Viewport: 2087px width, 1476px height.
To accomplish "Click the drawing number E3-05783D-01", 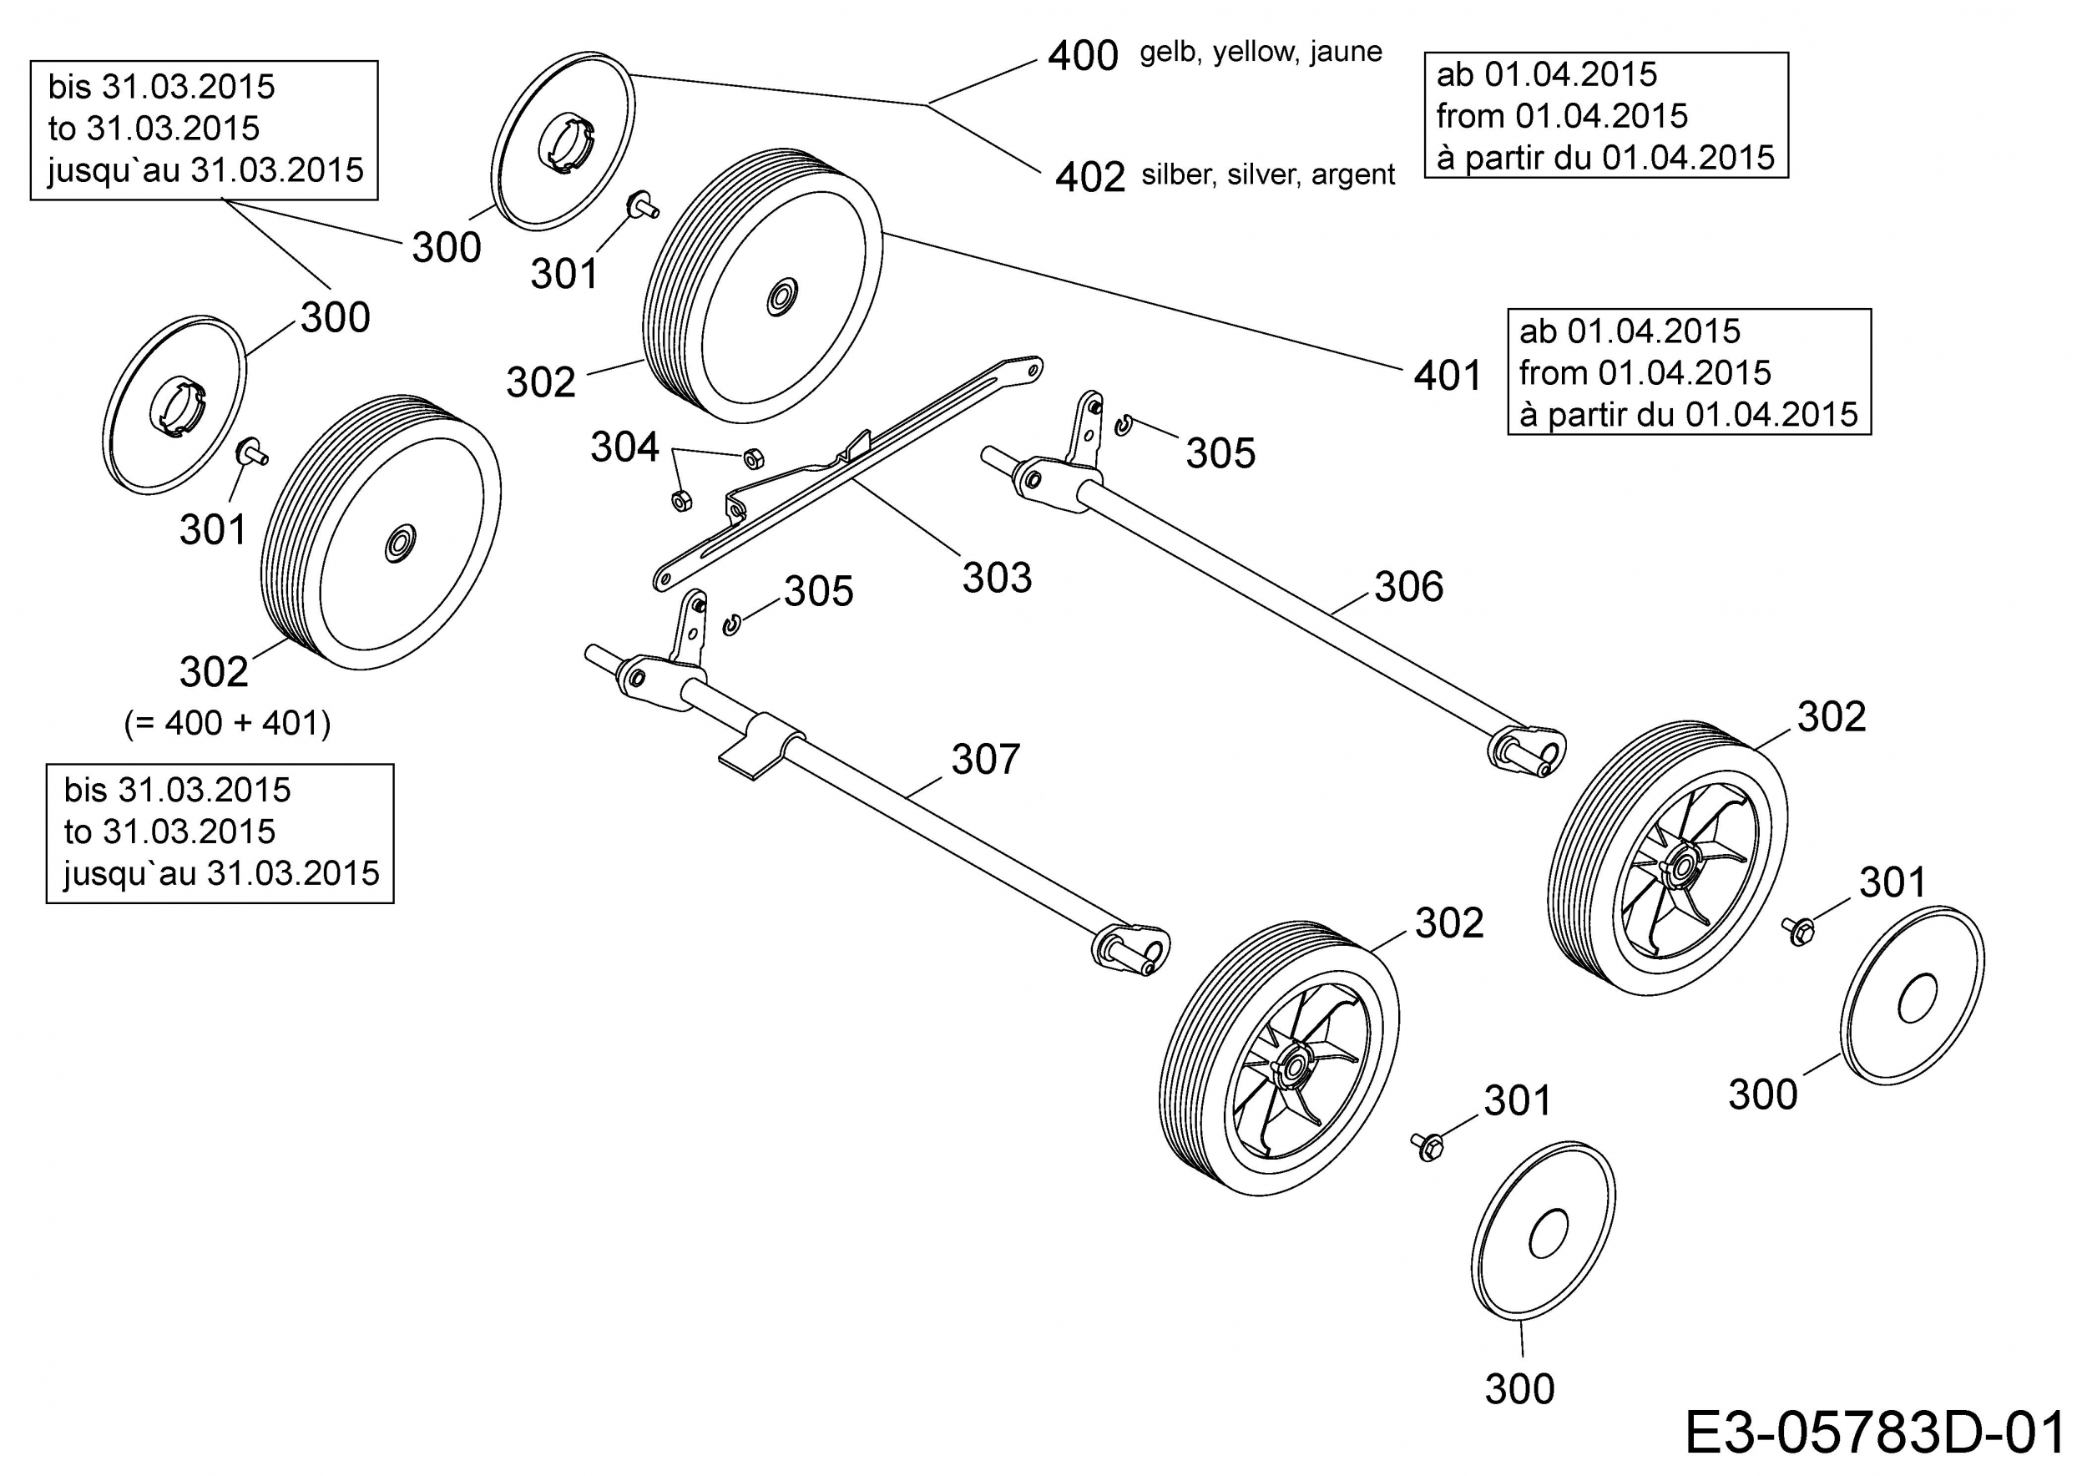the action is pyautogui.click(x=1875, y=1434).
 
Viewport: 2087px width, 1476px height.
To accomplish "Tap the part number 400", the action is pyautogui.click(x=1083, y=56).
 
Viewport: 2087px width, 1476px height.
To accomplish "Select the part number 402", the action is pyautogui.click(x=1090, y=177).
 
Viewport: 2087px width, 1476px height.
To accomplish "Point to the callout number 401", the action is pyautogui.click(x=1448, y=376).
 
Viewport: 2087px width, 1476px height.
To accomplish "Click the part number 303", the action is pyautogui.click(x=997, y=578).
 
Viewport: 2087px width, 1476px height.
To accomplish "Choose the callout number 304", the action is pyautogui.click(x=624, y=447).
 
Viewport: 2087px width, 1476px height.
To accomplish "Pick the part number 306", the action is pyautogui.click(x=1409, y=587).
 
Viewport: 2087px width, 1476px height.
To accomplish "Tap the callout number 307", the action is pyautogui.click(x=986, y=759).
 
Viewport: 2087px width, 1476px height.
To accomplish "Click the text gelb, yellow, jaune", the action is pyautogui.click(x=1261, y=53).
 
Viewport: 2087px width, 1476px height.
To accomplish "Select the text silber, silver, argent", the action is pyautogui.click(x=1268, y=174).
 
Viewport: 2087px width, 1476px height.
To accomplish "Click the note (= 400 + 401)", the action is pyautogui.click(x=227, y=724).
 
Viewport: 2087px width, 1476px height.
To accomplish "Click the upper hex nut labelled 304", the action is pyautogui.click(x=753, y=457).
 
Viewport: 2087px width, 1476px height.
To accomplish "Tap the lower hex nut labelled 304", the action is pyautogui.click(x=681, y=499).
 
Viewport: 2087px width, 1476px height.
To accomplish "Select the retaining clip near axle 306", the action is pyautogui.click(x=1124, y=424).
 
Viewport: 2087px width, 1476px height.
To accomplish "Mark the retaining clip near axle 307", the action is pyautogui.click(x=732, y=624).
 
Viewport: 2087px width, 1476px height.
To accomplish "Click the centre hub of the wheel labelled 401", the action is pyautogui.click(x=781, y=297).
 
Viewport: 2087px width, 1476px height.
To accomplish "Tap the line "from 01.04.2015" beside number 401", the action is pyautogui.click(x=1645, y=372).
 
